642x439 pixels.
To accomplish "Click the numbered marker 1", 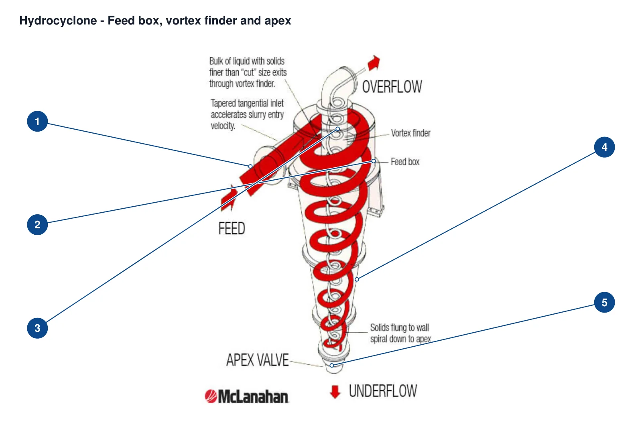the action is click(x=37, y=121).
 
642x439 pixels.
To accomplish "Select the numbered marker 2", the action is click(x=37, y=225).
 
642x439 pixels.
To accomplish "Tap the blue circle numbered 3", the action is click(x=37, y=328).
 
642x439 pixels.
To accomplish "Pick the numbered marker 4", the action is click(x=604, y=147).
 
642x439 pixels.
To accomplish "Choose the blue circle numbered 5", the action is click(x=604, y=302).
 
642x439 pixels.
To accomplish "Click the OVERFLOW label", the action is click(x=392, y=87).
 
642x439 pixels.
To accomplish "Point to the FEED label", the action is click(x=232, y=228).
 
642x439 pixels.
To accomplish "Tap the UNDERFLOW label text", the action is click(x=383, y=391).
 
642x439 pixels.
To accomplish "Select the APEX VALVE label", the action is click(x=257, y=360).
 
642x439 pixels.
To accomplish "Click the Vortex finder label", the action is click(x=411, y=133).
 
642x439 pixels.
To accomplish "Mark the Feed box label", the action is click(x=405, y=162).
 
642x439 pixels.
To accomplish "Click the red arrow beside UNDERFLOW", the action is click(x=335, y=392).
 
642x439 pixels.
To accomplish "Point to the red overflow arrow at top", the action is click(x=374, y=63).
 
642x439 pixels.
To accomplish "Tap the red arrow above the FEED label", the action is click(x=228, y=198).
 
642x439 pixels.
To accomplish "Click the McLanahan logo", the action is click(x=246, y=396).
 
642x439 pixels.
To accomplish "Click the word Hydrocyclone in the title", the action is click(x=58, y=20).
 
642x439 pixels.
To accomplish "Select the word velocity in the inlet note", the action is click(x=223, y=126).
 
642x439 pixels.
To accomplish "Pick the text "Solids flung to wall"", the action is click(x=400, y=327).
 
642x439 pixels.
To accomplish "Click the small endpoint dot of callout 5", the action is click(x=331, y=365).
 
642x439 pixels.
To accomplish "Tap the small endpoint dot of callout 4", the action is click(x=357, y=279).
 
